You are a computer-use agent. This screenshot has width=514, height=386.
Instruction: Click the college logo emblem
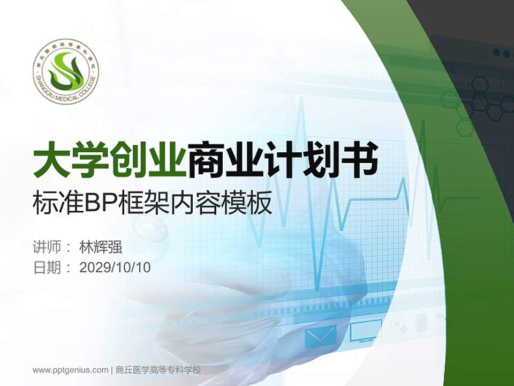[66, 71]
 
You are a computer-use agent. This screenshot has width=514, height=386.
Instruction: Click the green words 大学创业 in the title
[110, 159]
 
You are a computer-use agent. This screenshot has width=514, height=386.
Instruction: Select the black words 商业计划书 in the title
[282, 159]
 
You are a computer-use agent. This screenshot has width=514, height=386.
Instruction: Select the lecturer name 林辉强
[101, 248]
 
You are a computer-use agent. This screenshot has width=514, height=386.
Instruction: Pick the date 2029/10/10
[115, 268]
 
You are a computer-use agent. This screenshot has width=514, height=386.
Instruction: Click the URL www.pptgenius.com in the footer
[71, 370]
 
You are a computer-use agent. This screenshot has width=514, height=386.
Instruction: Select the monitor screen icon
[366, 331]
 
